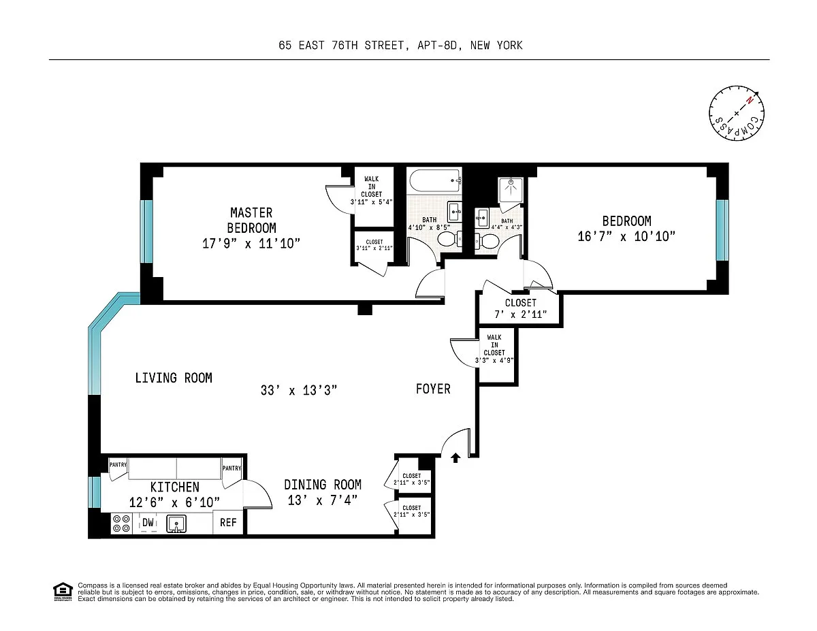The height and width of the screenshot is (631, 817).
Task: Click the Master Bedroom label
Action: pos(251,221)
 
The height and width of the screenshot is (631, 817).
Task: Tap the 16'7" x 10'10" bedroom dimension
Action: pos(626,236)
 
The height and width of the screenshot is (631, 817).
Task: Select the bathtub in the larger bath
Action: pos(434,181)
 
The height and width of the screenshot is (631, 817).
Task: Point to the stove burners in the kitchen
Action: pos(121,523)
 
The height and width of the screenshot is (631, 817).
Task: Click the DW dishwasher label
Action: pos(148,522)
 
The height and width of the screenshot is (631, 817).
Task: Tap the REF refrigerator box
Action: pos(228,522)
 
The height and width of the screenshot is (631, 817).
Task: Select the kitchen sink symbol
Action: pos(176,523)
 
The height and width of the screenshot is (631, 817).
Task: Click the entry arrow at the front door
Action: pos(455,457)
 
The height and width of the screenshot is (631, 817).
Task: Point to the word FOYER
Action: pos(433,389)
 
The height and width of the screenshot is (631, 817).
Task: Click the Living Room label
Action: pos(174,378)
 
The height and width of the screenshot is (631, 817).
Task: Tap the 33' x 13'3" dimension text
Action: pos(299,391)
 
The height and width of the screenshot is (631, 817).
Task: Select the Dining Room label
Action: pos(323,485)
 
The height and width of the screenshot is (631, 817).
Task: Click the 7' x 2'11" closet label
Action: pos(521,314)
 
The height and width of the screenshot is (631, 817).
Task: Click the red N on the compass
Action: pos(750,100)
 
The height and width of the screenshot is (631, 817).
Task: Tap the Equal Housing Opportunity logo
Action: pos(63,592)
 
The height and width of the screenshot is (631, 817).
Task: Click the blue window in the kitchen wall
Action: pos(95,492)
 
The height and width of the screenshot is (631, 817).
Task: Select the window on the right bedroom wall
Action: pos(722,230)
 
